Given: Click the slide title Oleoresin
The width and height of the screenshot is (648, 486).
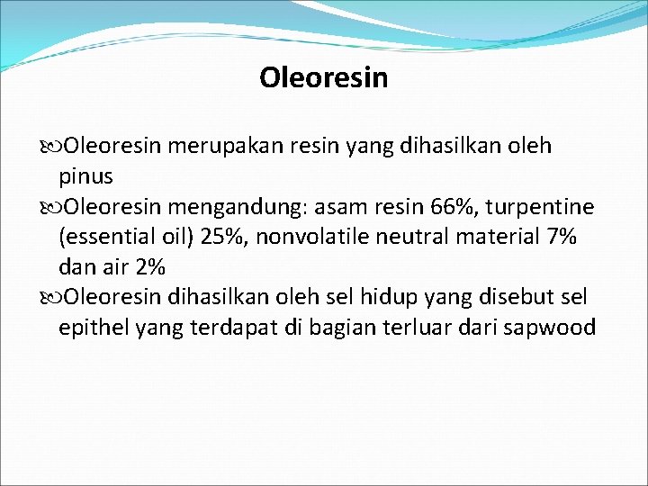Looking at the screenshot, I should pos(323,78).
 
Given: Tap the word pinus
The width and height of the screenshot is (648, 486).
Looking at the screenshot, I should pos(85,175).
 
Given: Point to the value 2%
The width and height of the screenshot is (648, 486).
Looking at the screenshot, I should pos(148,267).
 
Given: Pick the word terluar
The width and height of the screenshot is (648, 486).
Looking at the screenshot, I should pos(425,327).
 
